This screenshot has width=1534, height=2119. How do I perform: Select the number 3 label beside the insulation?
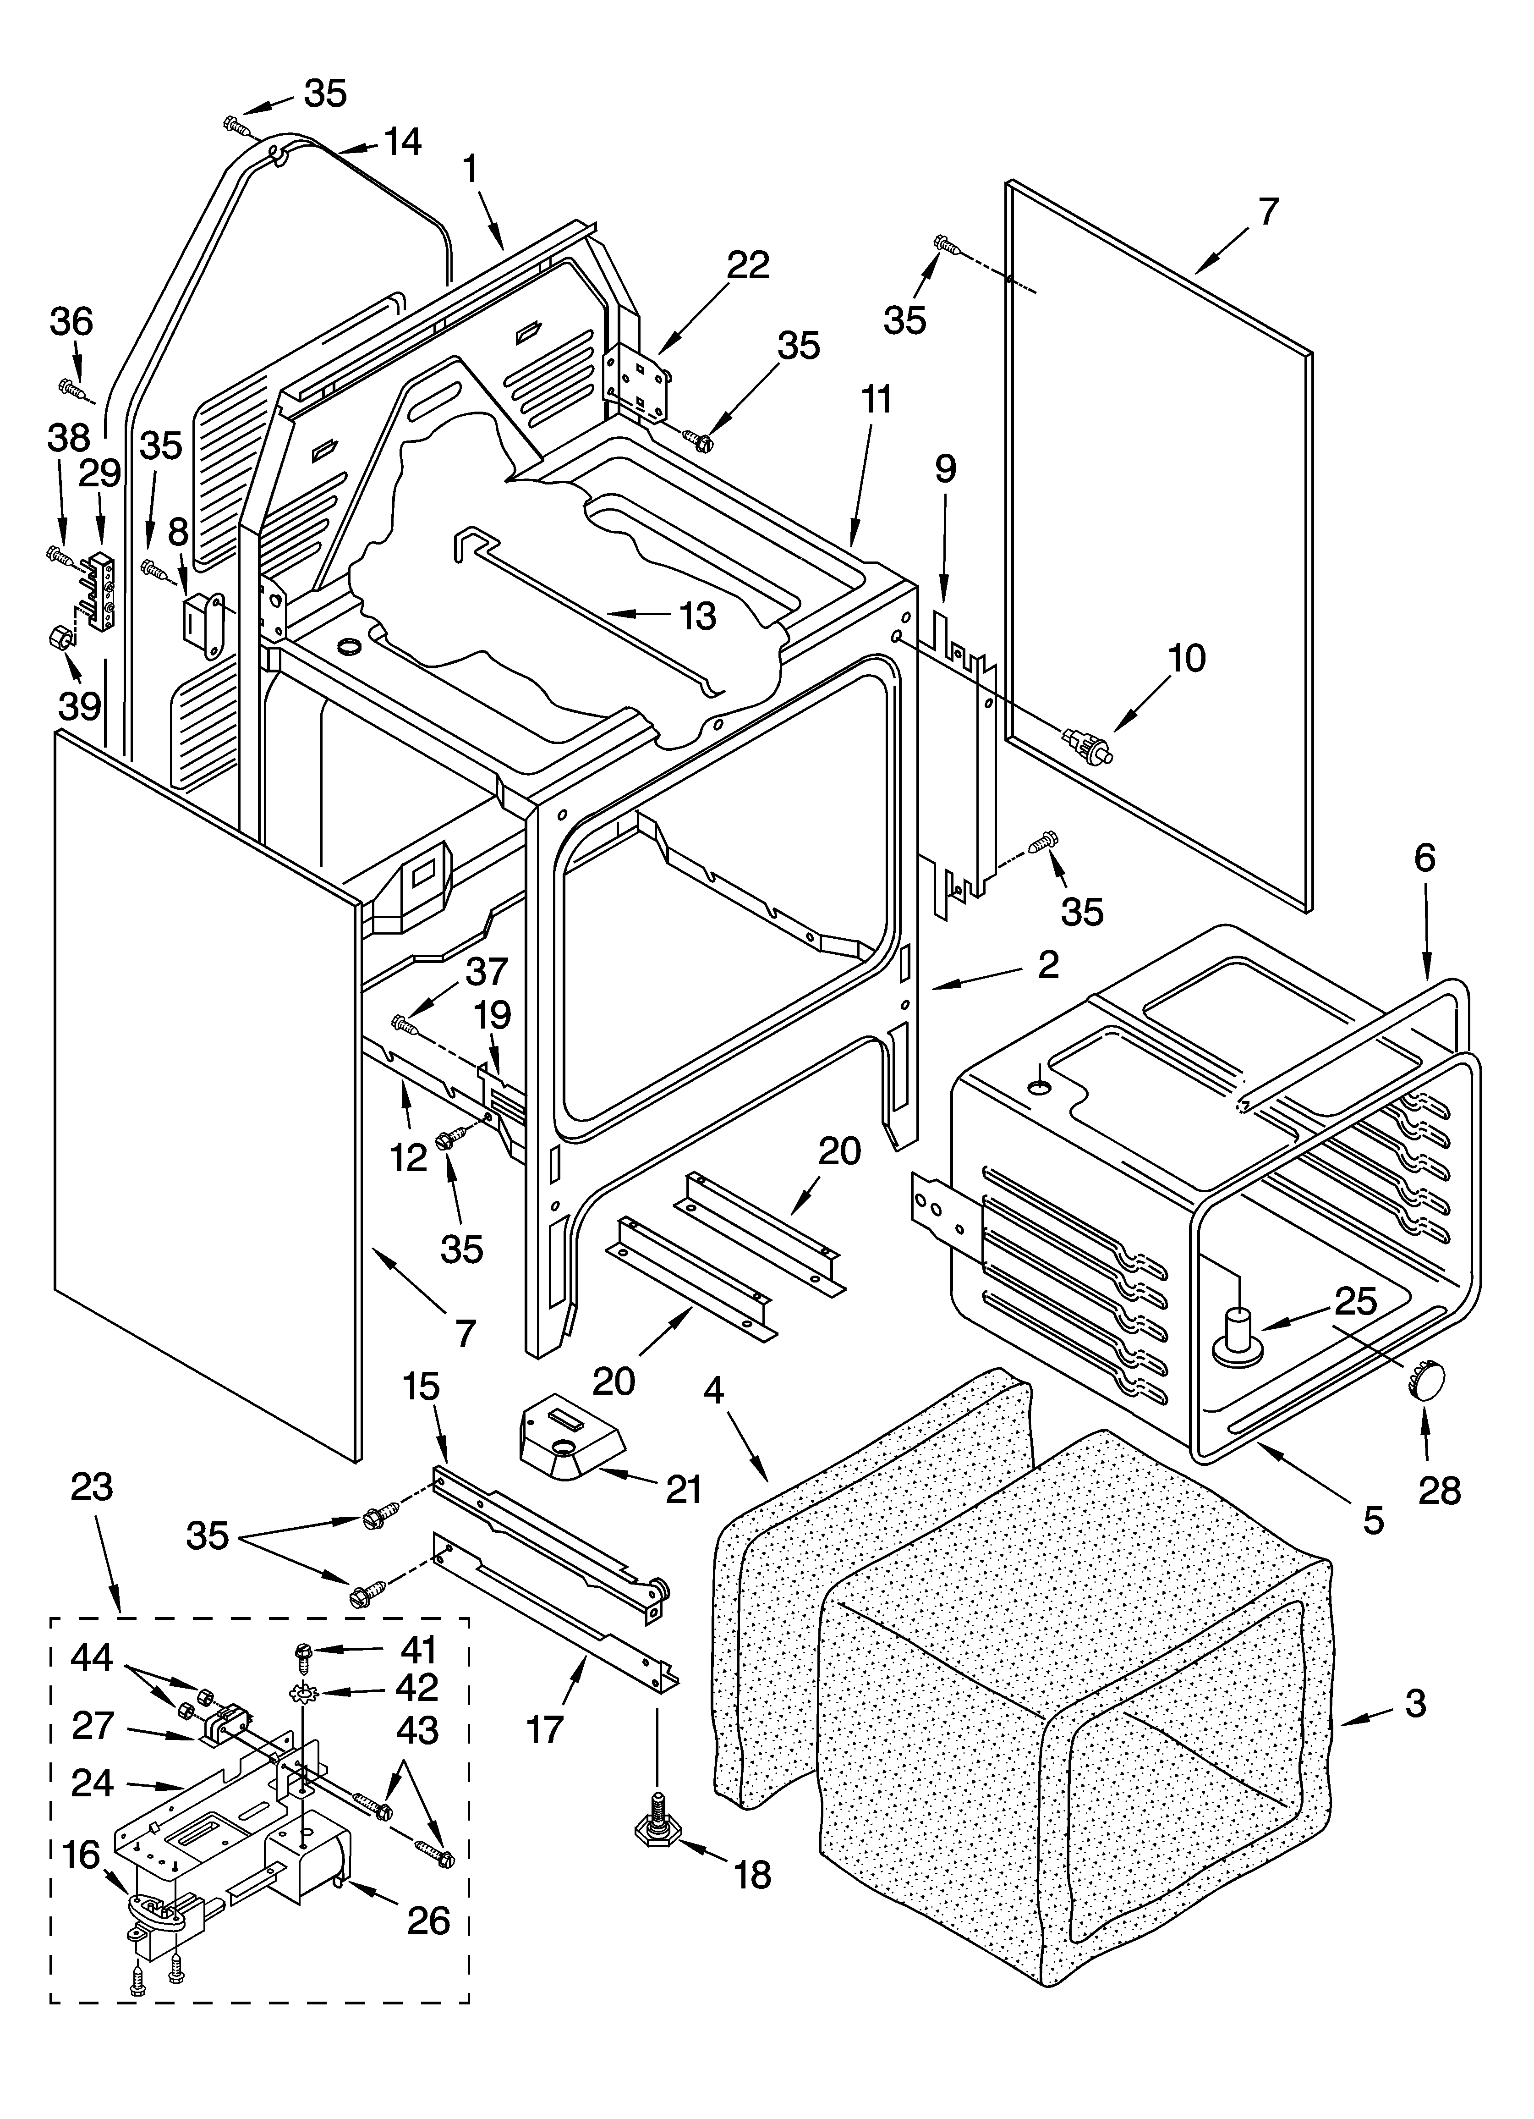(x=1415, y=1703)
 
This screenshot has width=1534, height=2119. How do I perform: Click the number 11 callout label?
(x=876, y=400)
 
